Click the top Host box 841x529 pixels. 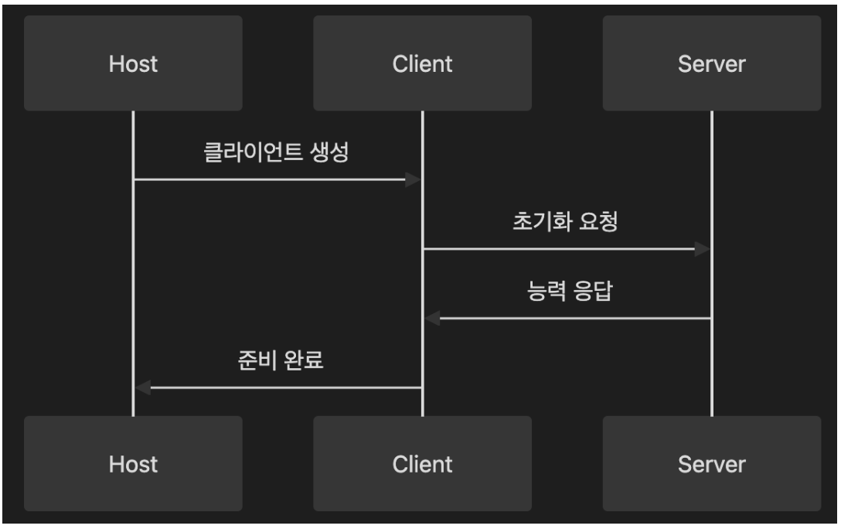[x=133, y=63]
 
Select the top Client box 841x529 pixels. [x=422, y=63]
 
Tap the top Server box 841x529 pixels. [x=711, y=63]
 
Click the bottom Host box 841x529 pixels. [x=133, y=463]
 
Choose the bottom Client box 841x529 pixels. [x=422, y=463]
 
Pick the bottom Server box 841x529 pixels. [x=711, y=463]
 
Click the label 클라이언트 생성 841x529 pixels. [x=277, y=152]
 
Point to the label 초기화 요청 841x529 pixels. [x=566, y=222]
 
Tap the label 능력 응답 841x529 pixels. [x=566, y=292]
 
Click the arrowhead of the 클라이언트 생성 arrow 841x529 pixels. [x=414, y=179]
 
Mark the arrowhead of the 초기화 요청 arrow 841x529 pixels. [x=702, y=249]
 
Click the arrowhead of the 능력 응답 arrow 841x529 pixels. [x=431, y=318]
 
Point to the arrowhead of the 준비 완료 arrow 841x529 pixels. [x=142, y=387]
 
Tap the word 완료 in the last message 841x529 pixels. [x=301, y=361]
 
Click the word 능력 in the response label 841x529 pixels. [x=543, y=292]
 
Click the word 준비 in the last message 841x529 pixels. [x=253, y=361]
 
